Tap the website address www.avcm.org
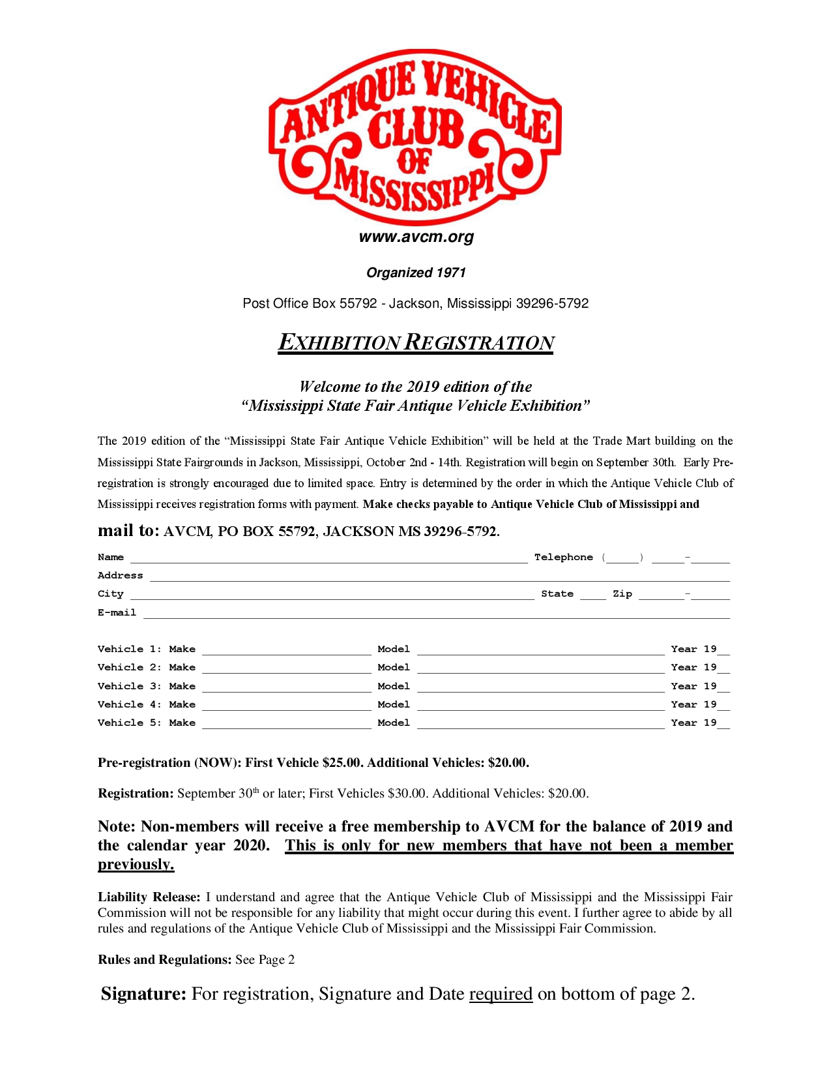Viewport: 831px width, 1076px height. pos(416,237)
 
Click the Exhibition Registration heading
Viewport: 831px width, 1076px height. pos(416,342)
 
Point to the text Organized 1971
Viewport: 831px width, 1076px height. pos(416,273)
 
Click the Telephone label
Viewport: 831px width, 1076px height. pos(564,557)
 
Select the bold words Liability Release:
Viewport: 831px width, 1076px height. pos(149,897)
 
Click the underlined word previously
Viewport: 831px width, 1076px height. pos(136,865)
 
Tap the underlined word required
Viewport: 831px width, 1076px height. pos(501,994)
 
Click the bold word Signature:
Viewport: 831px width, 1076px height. pos(144,994)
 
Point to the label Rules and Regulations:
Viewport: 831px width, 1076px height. pos(165,960)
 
